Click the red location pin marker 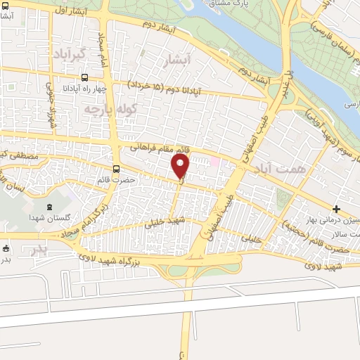181,167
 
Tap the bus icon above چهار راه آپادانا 84,78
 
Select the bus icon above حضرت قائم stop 117,169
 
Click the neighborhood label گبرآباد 68,54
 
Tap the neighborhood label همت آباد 287,170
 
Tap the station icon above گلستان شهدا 49,207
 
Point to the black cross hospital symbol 337,209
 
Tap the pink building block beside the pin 216,164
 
